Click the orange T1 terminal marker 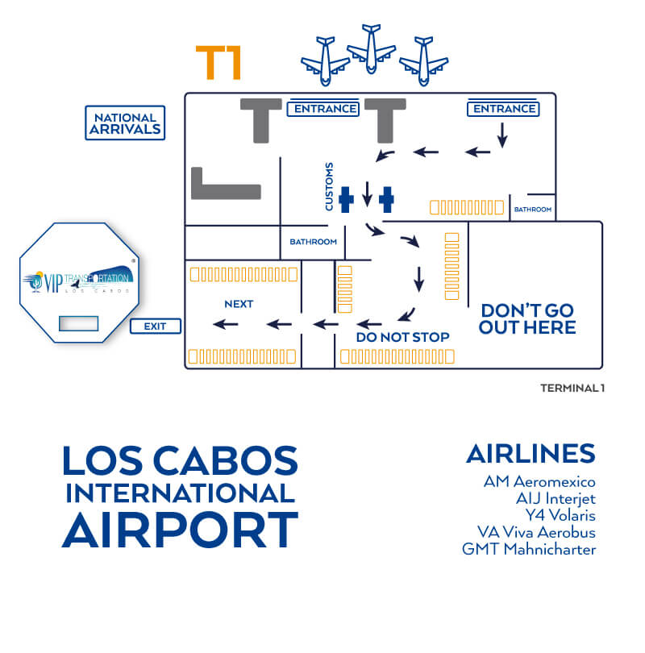tap(218, 62)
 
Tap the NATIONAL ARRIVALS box tap(125, 123)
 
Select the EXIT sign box tap(156, 326)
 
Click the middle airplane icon tap(371, 48)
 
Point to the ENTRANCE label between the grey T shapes tap(323, 109)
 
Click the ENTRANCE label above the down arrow tap(503, 109)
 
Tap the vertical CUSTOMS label tap(329, 186)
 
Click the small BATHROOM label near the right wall tap(533, 210)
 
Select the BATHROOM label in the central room tap(313, 242)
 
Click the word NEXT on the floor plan tap(239, 304)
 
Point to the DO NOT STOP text tap(402, 337)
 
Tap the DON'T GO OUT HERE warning tap(527, 319)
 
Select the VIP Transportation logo tap(79, 281)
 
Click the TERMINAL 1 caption tap(572, 388)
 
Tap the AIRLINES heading tap(531, 454)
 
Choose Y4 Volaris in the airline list tap(560, 516)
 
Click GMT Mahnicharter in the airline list tap(529, 549)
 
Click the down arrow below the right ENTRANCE tap(502, 135)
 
